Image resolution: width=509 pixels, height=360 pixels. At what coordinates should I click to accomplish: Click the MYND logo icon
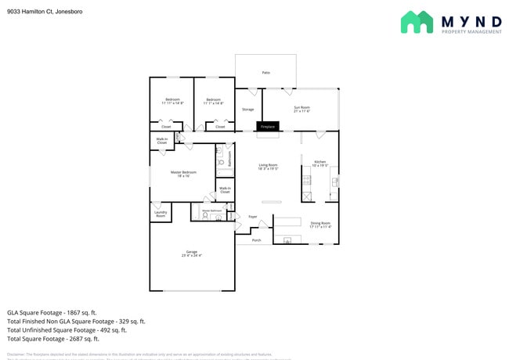tap(417, 22)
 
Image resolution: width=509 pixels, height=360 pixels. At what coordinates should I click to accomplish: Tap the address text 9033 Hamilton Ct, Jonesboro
tap(45, 12)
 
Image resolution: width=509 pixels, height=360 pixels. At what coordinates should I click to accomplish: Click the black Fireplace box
tap(268, 126)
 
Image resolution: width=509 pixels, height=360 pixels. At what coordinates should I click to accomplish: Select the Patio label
tap(265, 73)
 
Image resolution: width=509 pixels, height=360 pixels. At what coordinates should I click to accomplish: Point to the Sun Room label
tap(301, 109)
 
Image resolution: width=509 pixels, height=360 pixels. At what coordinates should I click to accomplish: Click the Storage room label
tap(247, 110)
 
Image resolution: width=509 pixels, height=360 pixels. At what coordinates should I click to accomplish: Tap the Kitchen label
tap(319, 164)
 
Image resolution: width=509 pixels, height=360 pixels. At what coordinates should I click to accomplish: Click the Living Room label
tap(269, 166)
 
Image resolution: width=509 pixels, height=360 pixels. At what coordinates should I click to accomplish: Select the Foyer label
tap(252, 217)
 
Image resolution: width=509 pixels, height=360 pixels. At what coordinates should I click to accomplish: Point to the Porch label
tap(256, 240)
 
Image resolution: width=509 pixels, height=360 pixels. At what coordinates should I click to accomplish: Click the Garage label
tap(191, 253)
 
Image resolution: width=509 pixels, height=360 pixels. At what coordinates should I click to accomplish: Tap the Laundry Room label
tap(161, 214)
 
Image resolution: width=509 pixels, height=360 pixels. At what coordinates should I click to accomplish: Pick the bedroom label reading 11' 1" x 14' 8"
tap(215, 101)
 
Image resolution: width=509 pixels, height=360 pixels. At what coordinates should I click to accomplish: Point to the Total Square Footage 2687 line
tap(53, 339)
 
